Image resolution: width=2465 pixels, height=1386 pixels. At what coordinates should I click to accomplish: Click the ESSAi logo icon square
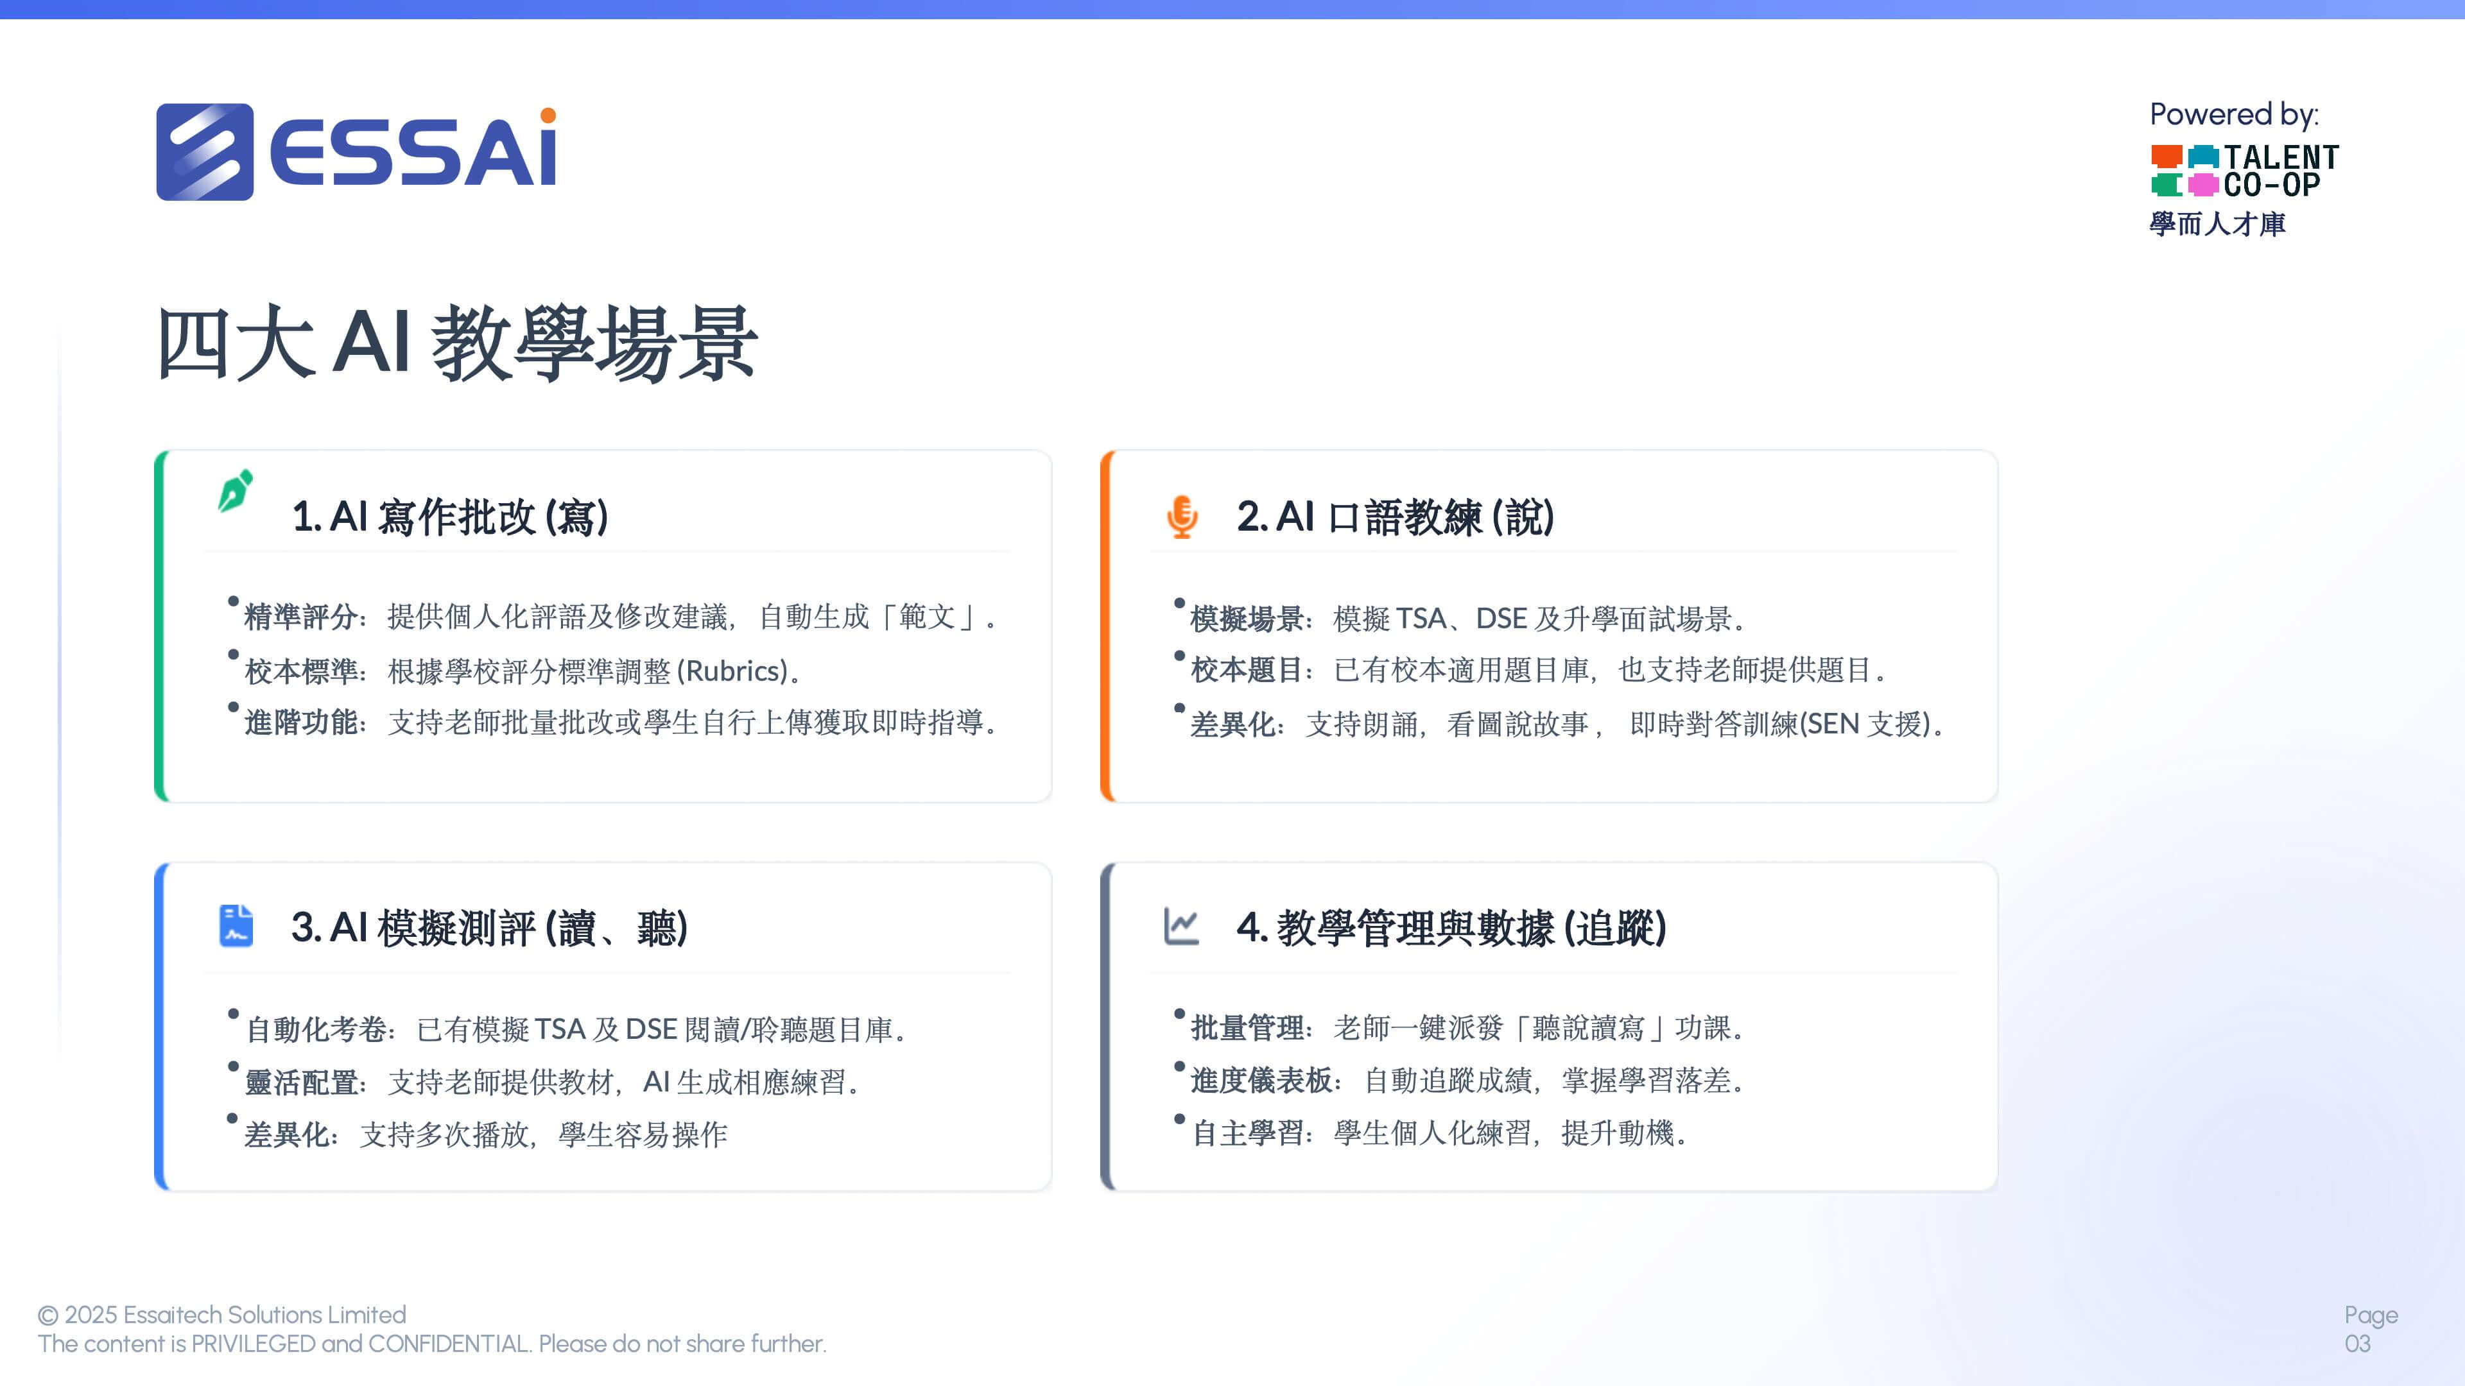[205, 152]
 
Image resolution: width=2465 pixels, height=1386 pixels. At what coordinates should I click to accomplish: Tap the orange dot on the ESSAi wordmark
[548, 116]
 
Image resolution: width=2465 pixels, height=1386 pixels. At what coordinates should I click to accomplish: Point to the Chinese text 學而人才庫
[2217, 224]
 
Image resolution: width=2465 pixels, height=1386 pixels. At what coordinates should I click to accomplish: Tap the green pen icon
[236, 491]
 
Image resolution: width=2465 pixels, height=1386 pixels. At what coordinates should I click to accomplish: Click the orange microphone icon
[1182, 517]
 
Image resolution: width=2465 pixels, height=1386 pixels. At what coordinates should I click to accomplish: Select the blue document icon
[236, 926]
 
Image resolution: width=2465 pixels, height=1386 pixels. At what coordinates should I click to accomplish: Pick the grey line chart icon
[1181, 926]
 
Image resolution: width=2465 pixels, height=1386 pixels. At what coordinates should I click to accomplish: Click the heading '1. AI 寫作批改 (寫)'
[450, 517]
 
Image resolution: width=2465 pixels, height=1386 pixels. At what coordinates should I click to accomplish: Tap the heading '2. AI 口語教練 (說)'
[1395, 517]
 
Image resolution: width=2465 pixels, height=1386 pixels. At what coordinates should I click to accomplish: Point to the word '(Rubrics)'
[733, 671]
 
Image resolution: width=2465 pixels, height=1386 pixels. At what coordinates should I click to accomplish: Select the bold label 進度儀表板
[1262, 1081]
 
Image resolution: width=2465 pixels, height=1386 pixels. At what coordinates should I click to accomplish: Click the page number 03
[2358, 1344]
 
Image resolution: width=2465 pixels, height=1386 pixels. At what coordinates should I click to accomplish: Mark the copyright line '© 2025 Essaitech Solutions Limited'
[222, 1315]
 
